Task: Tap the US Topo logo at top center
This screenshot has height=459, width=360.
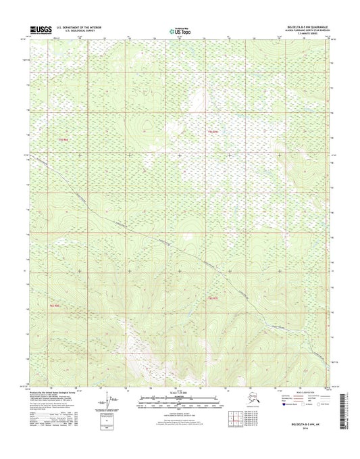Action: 179,30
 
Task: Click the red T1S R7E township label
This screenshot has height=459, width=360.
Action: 213,131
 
